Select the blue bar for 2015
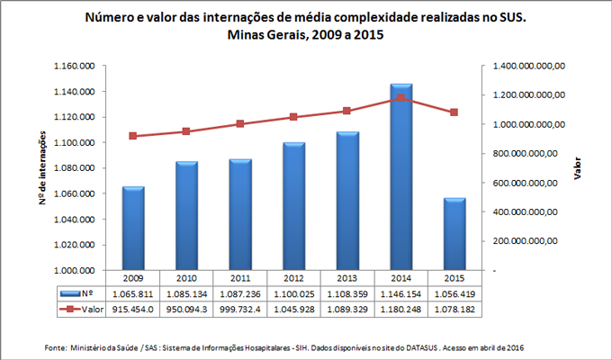tap(454, 233)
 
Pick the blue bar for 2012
tap(293, 206)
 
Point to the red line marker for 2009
tap(133, 136)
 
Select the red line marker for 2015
tap(454, 112)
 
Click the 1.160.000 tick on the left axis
tap(76, 67)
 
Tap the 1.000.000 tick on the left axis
tap(76, 270)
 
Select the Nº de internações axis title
tap(43, 168)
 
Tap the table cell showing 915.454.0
tap(133, 310)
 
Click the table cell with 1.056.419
tap(454, 293)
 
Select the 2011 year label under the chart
tap(240, 278)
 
